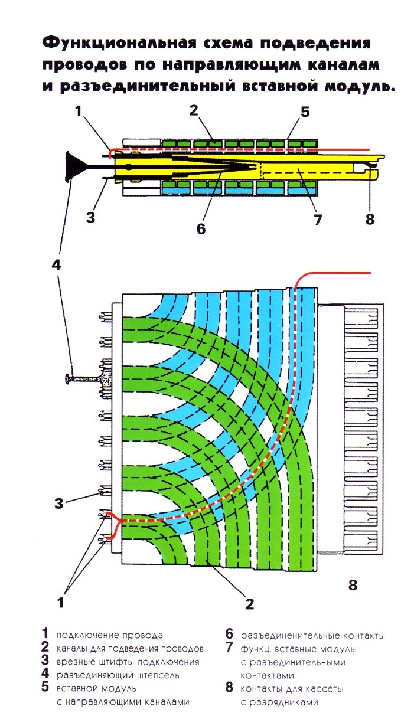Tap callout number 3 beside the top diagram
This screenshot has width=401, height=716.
(x=90, y=217)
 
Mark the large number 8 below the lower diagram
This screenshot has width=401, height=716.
(x=353, y=585)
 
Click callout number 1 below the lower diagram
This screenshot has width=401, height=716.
(x=60, y=603)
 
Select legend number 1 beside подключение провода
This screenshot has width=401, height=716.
(x=45, y=635)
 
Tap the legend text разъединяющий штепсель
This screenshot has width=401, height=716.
(x=118, y=675)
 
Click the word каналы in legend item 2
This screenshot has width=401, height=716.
(x=72, y=649)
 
